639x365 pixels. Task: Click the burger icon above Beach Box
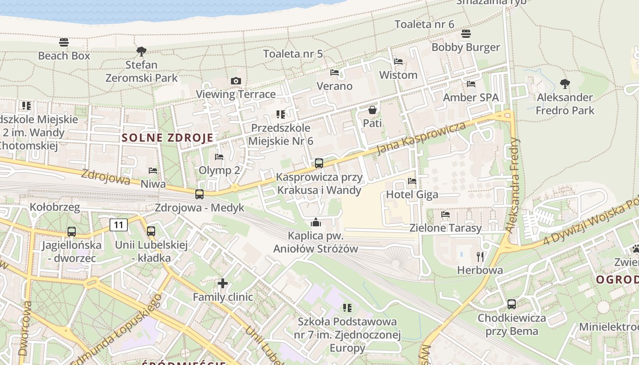tap(64, 42)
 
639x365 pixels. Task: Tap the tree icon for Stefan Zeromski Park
tap(141, 51)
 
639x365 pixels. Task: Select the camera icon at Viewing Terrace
tap(236, 81)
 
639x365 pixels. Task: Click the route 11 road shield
tap(119, 224)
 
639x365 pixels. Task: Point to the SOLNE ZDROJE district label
tap(168, 138)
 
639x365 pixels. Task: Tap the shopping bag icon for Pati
tap(372, 110)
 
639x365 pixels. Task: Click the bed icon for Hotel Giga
tap(412, 181)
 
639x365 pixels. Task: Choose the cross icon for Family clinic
tap(223, 284)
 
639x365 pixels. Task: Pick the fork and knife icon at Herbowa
tap(480, 256)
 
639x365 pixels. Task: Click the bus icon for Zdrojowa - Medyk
tap(199, 194)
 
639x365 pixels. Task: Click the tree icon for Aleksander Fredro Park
tap(565, 83)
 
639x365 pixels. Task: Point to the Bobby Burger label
tap(466, 47)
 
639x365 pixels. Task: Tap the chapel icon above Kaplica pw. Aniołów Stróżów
tap(315, 223)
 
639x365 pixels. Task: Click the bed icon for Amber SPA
tap(471, 84)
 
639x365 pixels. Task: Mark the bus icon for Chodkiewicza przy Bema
tap(512, 304)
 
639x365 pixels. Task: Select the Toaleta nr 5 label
tap(293, 54)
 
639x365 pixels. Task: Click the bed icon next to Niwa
tap(153, 171)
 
